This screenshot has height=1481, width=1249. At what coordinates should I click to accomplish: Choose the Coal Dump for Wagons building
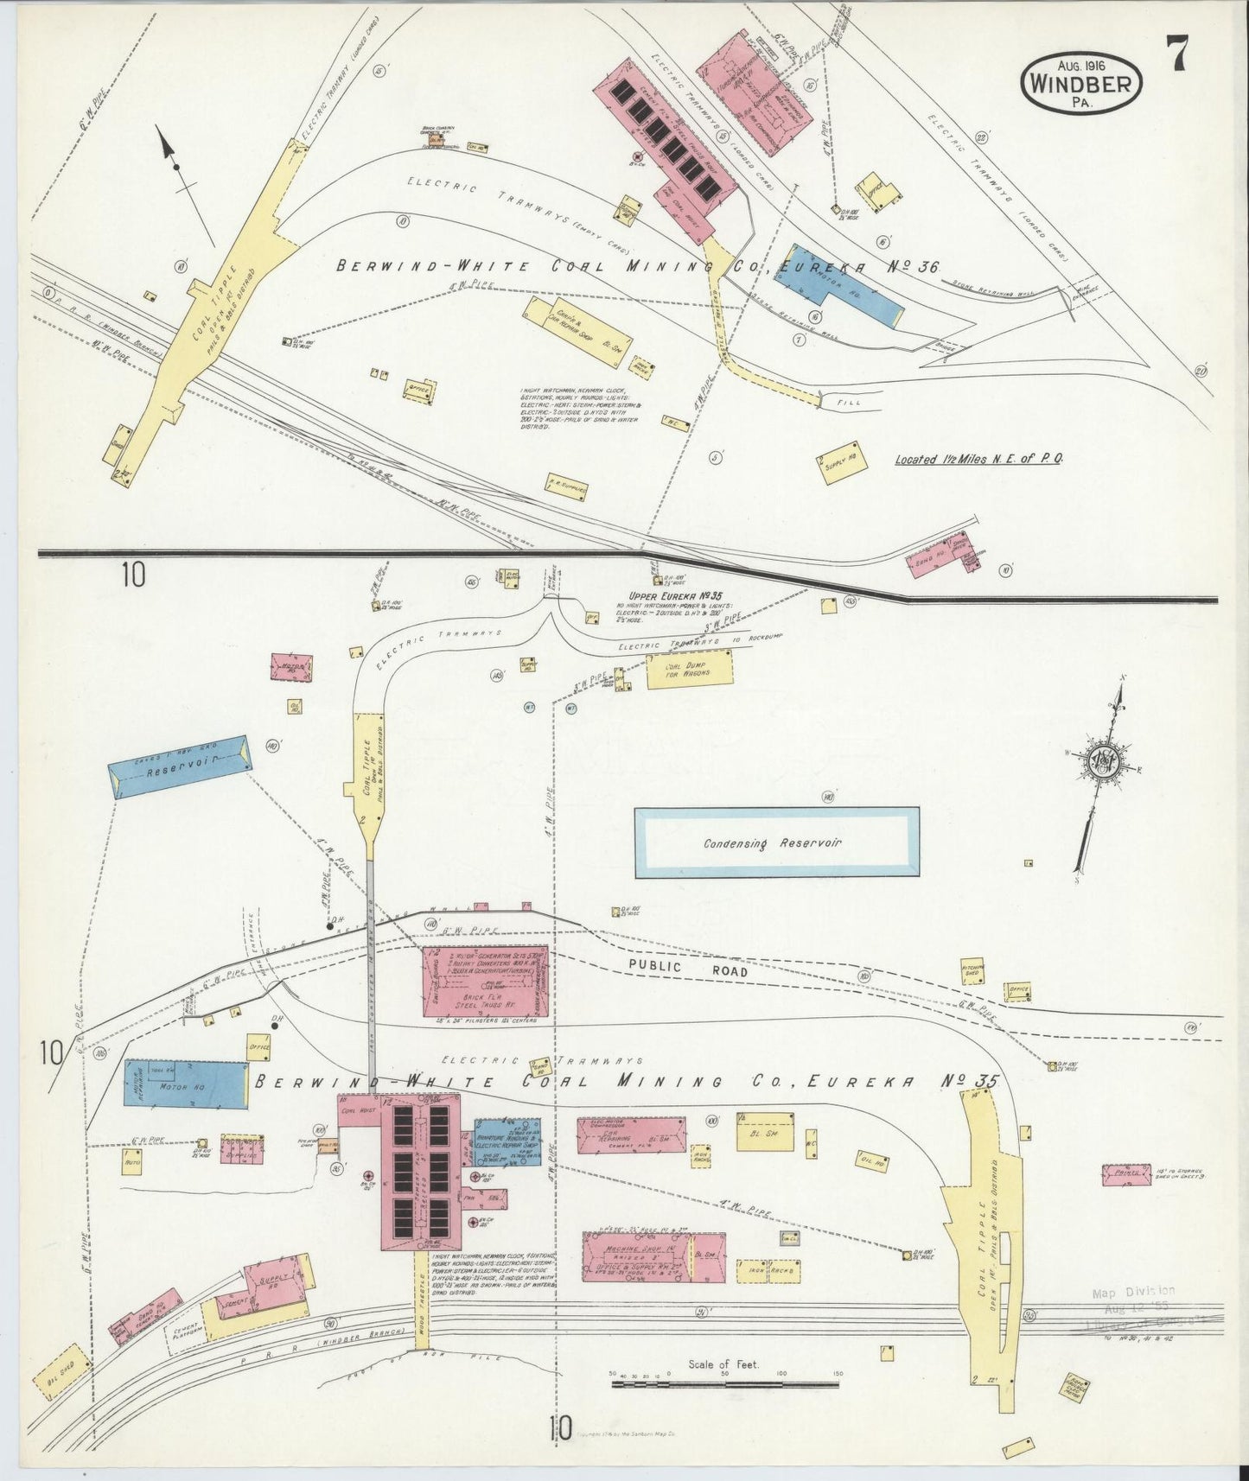[689, 671]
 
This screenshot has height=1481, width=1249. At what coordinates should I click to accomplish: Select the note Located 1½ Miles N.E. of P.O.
[978, 459]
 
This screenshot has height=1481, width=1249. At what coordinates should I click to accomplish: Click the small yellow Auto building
[131, 1161]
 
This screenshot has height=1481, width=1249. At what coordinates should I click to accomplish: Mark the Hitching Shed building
[975, 972]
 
